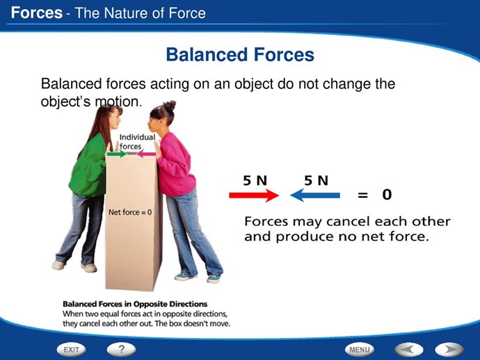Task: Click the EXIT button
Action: point(71,350)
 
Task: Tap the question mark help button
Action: point(121,350)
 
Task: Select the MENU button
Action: point(360,350)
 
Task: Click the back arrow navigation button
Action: point(409,350)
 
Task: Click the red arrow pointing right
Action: point(254,195)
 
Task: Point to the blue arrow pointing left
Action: point(315,195)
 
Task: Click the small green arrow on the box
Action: point(117,154)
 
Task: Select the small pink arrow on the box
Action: point(145,154)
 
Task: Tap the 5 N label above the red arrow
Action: point(255,181)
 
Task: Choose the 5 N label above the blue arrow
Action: point(317,181)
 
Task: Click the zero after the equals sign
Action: point(387,195)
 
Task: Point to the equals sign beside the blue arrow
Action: point(362,195)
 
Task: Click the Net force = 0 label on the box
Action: point(130,212)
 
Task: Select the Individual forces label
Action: point(137,142)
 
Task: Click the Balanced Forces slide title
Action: point(240,54)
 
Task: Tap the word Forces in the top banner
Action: point(37,13)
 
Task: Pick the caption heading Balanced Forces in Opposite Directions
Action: point(135,304)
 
